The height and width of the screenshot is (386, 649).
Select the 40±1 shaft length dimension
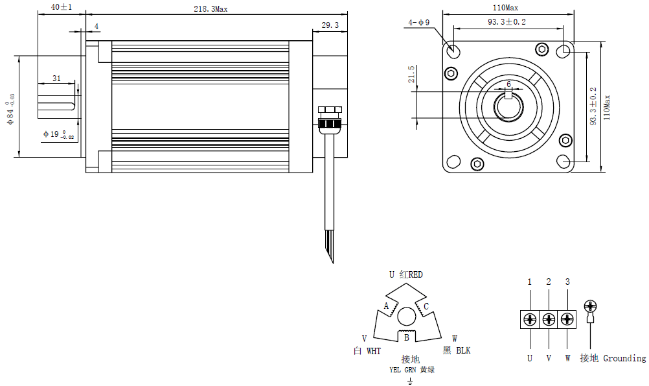point(62,8)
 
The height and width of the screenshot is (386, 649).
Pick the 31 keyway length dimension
point(56,78)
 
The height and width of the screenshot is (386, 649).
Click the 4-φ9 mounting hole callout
point(418,23)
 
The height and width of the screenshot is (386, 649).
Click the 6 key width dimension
point(508,84)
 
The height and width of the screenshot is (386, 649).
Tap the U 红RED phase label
point(405,274)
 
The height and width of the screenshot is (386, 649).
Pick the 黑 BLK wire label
point(457,351)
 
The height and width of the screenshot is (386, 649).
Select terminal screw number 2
point(549,319)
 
